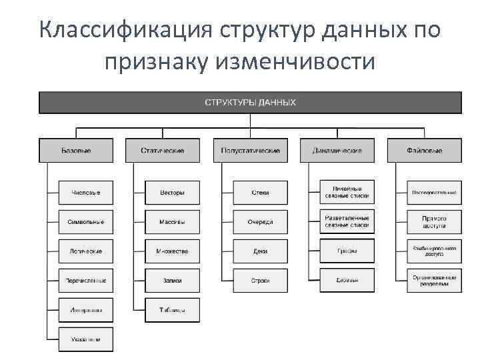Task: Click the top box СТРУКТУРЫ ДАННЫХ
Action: (250, 103)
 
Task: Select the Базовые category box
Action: (76, 151)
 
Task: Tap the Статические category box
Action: (163, 151)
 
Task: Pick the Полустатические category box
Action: (251, 151)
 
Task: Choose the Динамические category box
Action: (337, 151)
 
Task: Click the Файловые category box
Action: (424, 151)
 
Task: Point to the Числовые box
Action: (85, 193)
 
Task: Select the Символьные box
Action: (85, 222)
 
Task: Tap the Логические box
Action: (85, 251)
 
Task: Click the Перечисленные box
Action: (85, 281)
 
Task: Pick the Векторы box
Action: (172, 193)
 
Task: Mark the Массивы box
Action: (172, 222)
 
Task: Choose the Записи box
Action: (172, 281)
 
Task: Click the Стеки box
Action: (260, 193)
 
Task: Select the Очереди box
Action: (260, 222)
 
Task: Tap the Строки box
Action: (260, 281)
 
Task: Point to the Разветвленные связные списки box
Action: (347, 222)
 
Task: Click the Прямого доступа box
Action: (434, 222)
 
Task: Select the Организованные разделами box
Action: (434, 281)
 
